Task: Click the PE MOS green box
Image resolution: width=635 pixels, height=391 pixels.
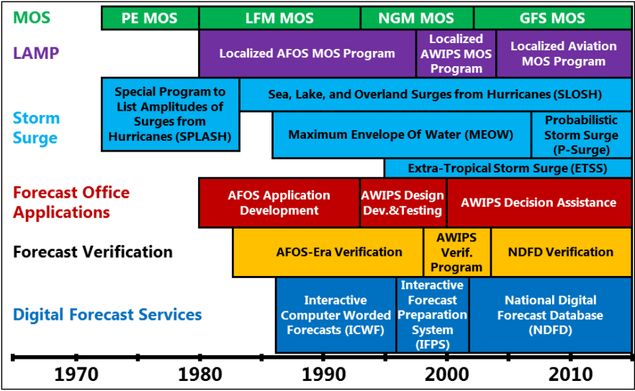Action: [x=150, y=18]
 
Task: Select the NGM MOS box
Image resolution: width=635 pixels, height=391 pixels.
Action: [x=417, y=18]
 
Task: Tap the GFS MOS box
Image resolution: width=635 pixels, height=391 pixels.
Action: [x=552, y=18]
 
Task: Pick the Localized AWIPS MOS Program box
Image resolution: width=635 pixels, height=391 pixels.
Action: [x=456, y=54]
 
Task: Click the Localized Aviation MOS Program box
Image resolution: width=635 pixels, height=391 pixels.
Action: [x=564, y=54]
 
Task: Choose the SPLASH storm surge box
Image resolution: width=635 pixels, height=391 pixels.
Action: [x=170, y=114]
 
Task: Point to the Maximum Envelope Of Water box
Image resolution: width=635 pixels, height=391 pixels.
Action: [x=401, y=134]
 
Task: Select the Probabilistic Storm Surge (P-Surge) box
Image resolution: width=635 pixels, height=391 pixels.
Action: [x=582, y=134]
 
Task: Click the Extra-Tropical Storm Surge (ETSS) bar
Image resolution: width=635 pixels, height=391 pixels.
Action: [x=508, y=168]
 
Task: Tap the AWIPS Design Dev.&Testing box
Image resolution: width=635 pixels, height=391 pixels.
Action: [x=403, y=203]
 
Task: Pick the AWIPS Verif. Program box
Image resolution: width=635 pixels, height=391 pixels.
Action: [x=456, y=252]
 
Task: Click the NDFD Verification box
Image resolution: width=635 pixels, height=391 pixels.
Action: [x=562, y=252]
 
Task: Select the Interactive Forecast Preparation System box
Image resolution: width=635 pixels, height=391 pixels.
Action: [x=433, y=315]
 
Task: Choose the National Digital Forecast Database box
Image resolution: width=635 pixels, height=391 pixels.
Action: [x=551, y=315]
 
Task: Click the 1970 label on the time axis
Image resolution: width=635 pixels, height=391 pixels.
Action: [x=76, y=374]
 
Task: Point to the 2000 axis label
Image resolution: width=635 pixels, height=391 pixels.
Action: [x=446, y=374]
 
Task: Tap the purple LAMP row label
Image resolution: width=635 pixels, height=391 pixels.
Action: [x=36, y=53]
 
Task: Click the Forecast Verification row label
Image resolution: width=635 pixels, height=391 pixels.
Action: [x=93, y=252]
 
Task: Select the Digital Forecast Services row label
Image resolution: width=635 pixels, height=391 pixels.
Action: [x=107, y=315]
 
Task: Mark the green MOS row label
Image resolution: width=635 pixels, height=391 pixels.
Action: [x=32, y=18]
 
